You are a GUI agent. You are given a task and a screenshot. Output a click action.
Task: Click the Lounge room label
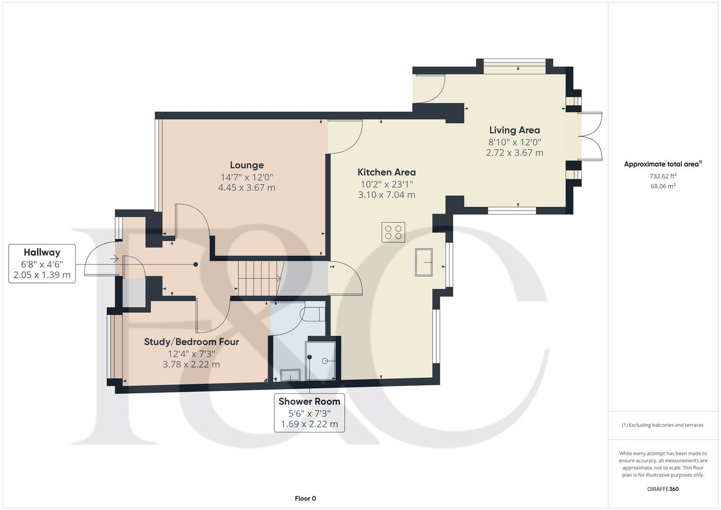247,165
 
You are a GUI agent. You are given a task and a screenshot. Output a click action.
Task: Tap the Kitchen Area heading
387,172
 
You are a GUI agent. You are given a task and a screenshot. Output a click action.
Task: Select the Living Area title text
514,130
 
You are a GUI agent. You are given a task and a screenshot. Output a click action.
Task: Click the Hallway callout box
42,263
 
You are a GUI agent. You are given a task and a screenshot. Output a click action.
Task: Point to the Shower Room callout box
309,413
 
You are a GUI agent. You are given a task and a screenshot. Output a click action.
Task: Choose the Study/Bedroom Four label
191,341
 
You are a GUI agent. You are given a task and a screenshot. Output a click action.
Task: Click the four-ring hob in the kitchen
393,232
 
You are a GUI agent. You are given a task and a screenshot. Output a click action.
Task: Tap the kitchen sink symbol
424,263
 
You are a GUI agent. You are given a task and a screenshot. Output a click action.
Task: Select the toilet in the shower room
312,314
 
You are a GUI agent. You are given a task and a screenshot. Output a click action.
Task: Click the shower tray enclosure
320,361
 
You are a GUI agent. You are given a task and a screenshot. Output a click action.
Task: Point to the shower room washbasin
290,375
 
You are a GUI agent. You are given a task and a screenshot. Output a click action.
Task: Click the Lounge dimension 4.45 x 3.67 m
247,187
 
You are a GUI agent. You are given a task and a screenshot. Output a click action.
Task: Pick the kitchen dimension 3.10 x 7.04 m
387,195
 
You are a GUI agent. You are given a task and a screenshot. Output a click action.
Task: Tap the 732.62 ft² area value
663,176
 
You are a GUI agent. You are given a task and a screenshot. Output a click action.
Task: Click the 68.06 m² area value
663,186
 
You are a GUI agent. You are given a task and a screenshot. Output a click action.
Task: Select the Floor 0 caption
305,498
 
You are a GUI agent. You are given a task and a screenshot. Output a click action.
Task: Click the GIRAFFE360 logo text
663,489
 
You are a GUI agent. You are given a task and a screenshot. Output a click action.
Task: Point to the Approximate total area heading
663,164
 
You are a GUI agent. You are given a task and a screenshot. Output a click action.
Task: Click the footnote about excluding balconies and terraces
663,425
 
